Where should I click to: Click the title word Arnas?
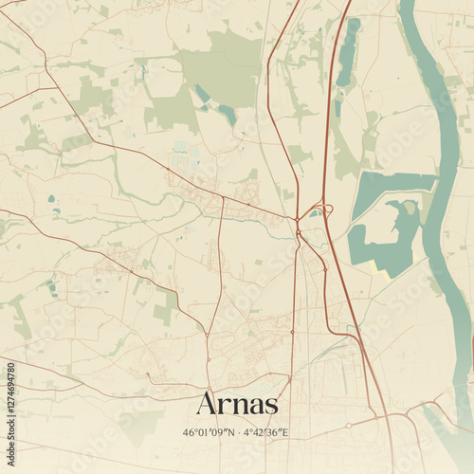click(237, 404)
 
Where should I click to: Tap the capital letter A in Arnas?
click(207, 403)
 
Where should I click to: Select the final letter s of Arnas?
click(271, 406)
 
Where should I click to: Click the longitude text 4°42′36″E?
click(267, 432)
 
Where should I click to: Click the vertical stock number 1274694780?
click(10, 408)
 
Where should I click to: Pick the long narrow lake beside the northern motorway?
click(348, 52)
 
